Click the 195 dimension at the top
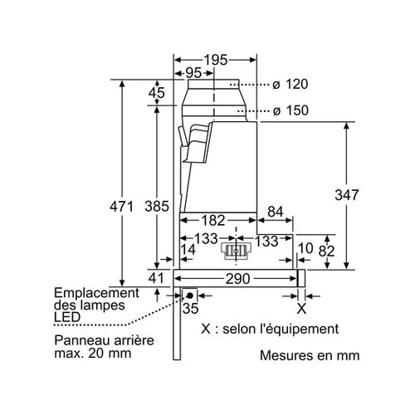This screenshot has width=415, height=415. pos(216,60)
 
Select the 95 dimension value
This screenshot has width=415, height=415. pos(193,73)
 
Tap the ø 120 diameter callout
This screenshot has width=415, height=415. pos(290,84)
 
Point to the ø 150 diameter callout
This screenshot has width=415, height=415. pos(290,110)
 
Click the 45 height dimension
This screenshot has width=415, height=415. pos(157,93)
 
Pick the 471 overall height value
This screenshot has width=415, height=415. pos(121,207)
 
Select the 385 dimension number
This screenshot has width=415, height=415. pos(157,207)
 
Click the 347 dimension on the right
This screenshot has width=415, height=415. pos(347,195)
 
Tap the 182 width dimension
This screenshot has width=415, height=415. pos(213,221)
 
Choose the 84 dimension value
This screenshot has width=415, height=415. pos(276,212)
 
